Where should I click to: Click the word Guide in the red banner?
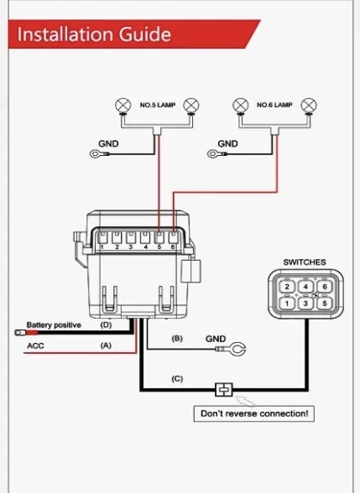145,34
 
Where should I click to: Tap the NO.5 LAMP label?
158,105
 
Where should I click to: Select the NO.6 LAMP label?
274,105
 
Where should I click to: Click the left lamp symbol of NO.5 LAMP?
123,106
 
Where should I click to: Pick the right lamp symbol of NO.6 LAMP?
309,106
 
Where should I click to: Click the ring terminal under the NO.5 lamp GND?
95,154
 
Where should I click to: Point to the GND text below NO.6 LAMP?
227,143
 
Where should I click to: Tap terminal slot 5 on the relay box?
159,238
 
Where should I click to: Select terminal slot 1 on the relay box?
102,238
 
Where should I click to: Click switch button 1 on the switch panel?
287,304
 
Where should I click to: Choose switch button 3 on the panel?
305,304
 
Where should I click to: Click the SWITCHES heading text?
305,262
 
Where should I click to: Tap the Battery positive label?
54,324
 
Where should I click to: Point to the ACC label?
35,345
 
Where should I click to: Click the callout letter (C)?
177,379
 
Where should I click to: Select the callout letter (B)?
177,339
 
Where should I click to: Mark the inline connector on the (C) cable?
224,390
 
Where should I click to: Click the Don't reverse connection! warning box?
254,413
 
